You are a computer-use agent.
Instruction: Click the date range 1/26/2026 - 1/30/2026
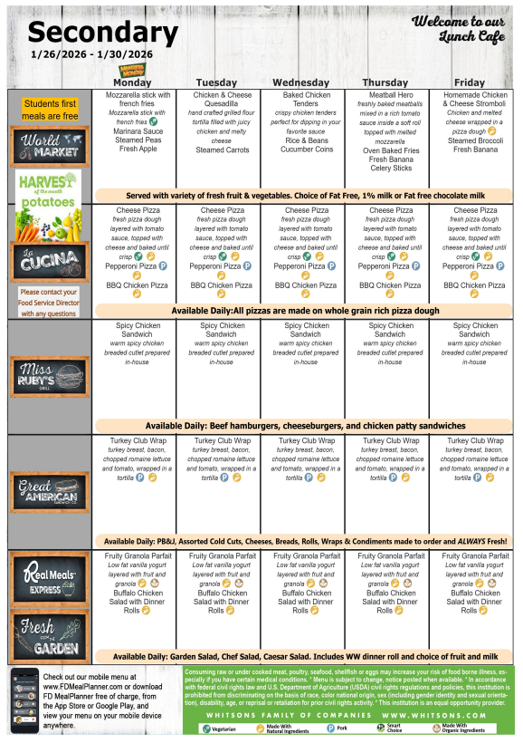90,54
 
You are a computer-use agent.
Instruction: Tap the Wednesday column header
306,82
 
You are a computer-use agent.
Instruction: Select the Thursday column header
390,82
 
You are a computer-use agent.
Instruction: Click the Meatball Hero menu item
390,94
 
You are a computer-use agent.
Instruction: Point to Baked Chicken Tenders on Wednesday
306,99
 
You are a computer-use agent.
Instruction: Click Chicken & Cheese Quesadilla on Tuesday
223,99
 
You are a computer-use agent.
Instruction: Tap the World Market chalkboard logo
50,145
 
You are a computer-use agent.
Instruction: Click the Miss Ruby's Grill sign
50,375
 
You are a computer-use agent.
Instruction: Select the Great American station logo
50,491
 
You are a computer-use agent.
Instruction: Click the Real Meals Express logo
50,578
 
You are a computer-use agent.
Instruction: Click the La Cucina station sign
50,261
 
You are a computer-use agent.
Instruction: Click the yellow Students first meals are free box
50,110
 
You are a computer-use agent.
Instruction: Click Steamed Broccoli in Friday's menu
475,141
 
